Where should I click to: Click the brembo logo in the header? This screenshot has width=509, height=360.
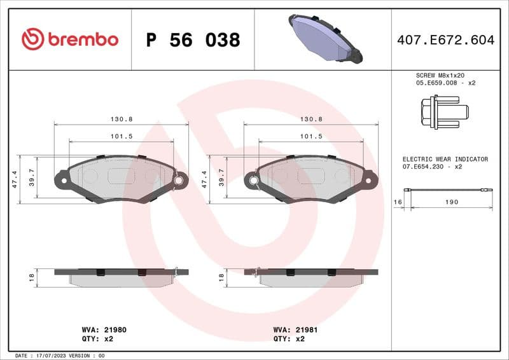click(x=70, y=39)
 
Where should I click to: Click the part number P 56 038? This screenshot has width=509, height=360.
click(x=193, y=40)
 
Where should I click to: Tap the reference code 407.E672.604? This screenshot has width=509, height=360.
click(x=445, y=40)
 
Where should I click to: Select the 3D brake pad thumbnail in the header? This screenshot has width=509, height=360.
click(x=325, y=39)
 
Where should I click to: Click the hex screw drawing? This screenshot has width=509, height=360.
click(x=443, y=112)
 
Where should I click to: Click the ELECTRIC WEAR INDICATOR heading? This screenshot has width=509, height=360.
click(x=445, y=159)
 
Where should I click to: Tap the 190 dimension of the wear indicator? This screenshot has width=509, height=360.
click(x=451, y=202)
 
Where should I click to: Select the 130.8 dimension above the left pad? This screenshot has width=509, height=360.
click(x=121, y=119)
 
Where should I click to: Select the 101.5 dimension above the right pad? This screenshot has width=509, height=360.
click(x=311, y=136)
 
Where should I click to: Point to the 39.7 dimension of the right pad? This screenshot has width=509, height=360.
click(x=221, y=180)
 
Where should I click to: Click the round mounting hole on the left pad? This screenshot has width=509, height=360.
click(x=179, y=181)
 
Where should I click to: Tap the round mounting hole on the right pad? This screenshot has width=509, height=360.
click(x=254, y=181)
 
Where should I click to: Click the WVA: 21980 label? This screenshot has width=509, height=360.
click(x=104, y=330)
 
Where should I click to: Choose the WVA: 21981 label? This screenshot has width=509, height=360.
click(x=296, y=330)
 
